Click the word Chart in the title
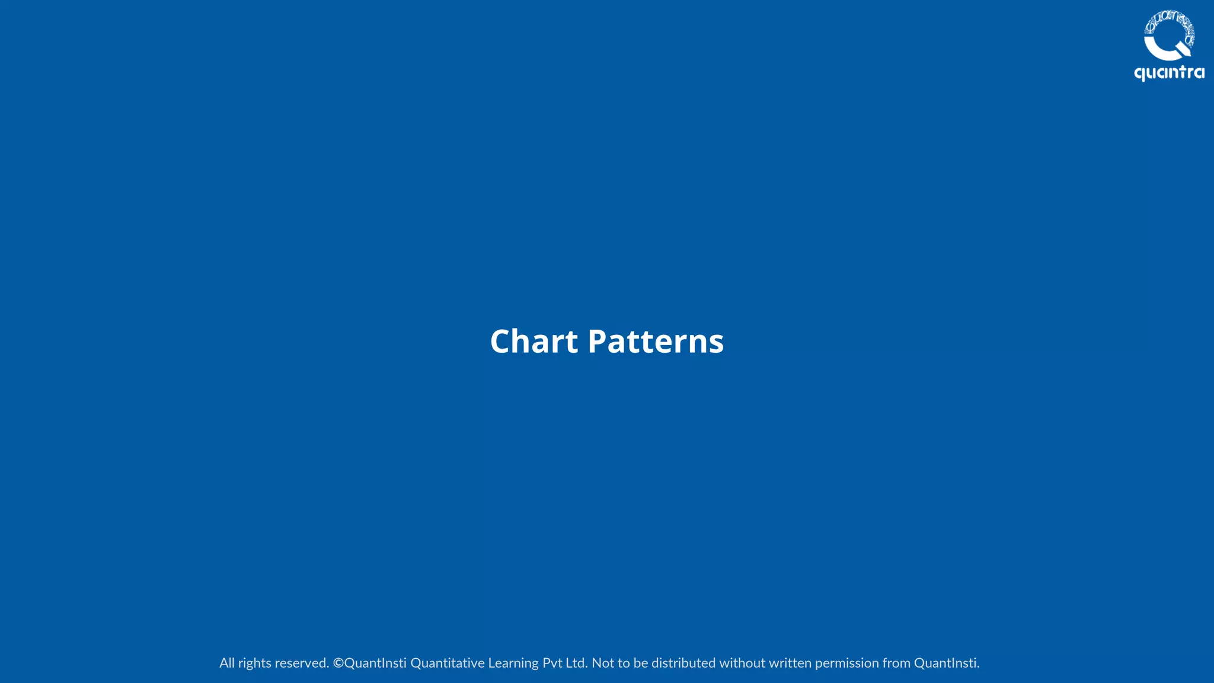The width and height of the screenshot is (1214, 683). click(533, 341)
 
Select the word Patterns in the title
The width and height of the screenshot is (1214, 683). click(655, 341)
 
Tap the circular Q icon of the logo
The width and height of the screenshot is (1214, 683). click(1168, 36)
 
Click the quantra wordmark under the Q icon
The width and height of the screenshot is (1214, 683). click(1169, 73)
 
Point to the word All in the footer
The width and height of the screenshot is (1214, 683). click(227, 663)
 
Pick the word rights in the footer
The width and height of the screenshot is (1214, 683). click(254, 663)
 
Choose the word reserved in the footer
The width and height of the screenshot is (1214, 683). click(302, 663)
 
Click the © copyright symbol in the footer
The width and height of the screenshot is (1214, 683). click(338, 663)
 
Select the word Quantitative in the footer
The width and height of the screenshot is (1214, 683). click(448, 663)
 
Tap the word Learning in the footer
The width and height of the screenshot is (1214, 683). click(513, 663)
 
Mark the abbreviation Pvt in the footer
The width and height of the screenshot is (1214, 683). click(552, 663)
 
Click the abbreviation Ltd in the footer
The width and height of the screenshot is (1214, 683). click(575, 663)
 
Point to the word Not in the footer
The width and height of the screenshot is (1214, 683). click(603, 663)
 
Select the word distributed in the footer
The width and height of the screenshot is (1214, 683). click(683, 663)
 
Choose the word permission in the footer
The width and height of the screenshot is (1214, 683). click(847, 663)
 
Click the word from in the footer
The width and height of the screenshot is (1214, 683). click(896, 663)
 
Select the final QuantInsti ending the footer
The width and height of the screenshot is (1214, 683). click(946, 663)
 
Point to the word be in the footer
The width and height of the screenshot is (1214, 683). click(641, 663)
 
